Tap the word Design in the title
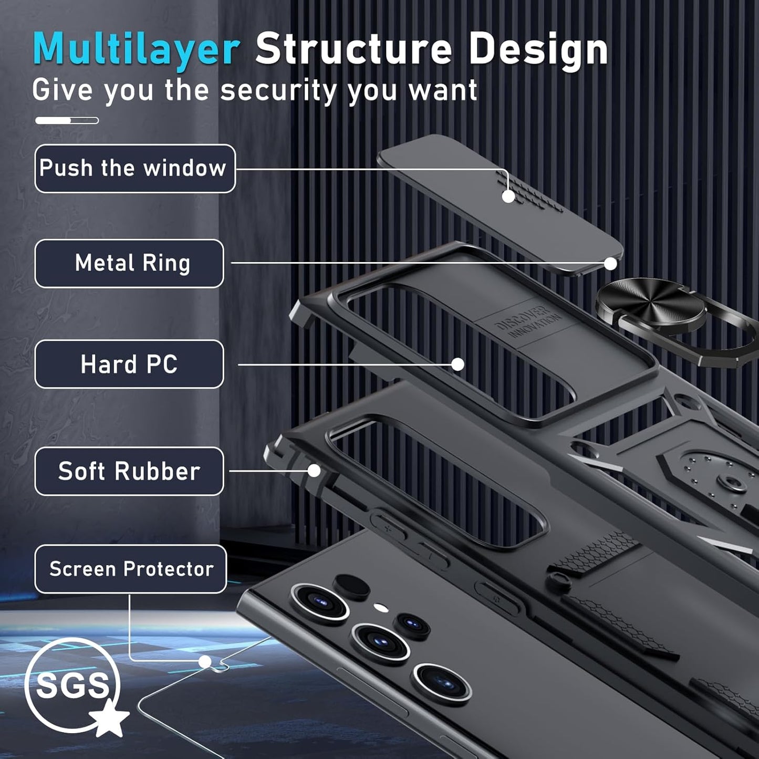point(538,49)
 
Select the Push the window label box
point(134,169)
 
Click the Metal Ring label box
point(129,263)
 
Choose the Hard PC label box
point(129,364)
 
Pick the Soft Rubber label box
point(129,471)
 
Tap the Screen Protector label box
point(131,569)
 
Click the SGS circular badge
point(72,685)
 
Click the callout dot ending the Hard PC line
point(458,364)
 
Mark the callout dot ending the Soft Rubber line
point(314,471)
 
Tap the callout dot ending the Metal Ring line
point(610,264)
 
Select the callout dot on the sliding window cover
point(508,196)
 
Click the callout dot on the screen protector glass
point(205,661)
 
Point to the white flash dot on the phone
point(381,608)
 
